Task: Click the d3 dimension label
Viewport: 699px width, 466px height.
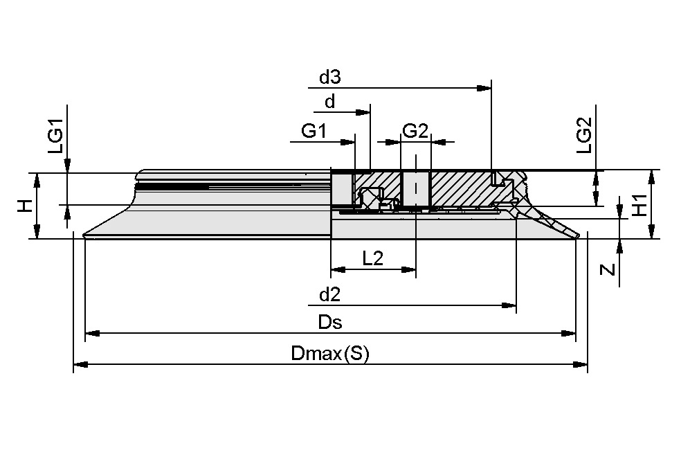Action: coord(330,78)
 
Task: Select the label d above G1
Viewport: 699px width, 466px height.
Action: coord(330,102)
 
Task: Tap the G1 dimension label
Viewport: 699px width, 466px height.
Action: coord(314,131)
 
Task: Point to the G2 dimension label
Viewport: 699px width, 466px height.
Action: coord(415,131)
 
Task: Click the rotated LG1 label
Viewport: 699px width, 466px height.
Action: coord(55,136)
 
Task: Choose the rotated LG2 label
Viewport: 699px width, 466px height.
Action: coord(584,135)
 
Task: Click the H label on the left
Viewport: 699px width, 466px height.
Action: coord(24,206)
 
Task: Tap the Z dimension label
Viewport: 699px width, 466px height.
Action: coord(608,269)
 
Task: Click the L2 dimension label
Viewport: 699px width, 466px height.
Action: coord(373,258)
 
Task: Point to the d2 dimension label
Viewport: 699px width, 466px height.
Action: coord(330,295)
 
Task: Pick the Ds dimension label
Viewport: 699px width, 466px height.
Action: coord(330,323)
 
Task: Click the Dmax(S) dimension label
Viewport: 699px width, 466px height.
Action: coord(330,354)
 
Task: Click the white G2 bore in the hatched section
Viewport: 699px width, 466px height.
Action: coord(415,188)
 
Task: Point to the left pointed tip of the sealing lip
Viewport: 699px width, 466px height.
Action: coord(84,236)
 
